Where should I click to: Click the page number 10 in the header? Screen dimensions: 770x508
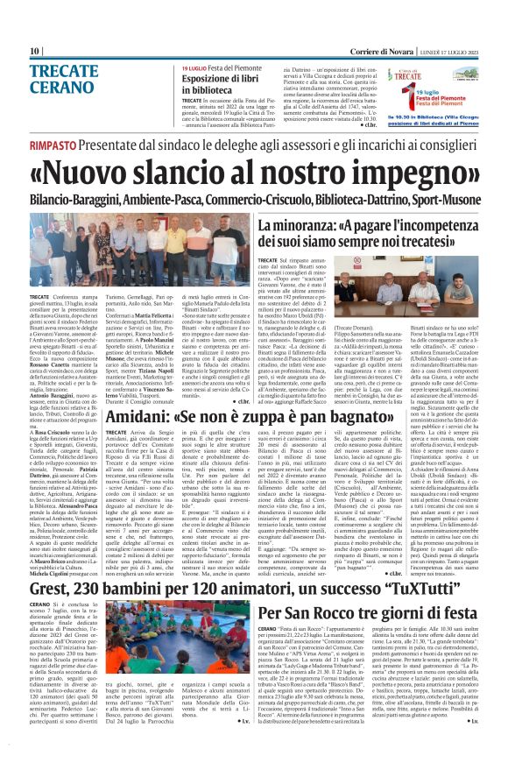pyautogui.click(x=35, y=52)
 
